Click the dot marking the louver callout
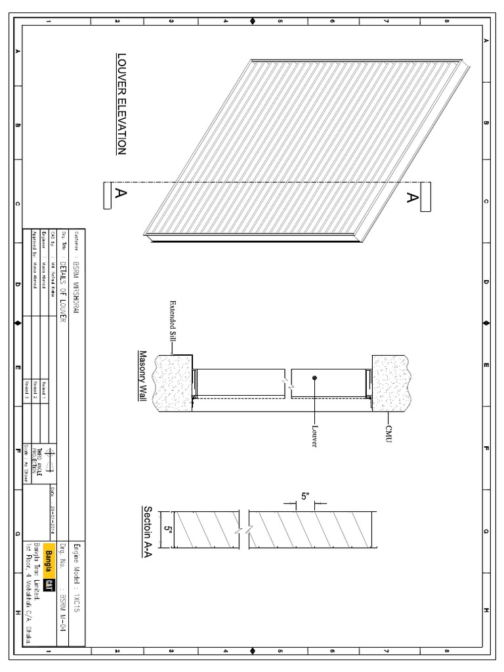[315, 378]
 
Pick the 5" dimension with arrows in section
[304, 497]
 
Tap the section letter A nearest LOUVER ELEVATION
[121, 193]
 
